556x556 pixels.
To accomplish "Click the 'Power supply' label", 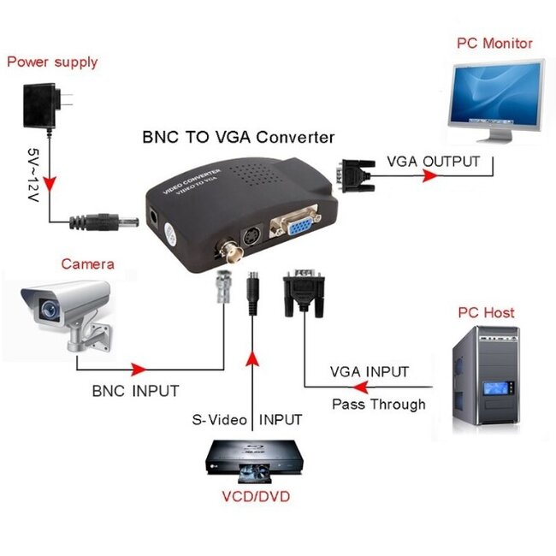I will coord(52,62).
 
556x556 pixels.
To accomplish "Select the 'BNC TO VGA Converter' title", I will coord(237,137).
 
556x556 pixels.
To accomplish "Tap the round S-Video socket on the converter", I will coord(254,236).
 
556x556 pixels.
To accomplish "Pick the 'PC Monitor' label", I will coord(494,43).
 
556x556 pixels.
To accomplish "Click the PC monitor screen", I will coord(495,93).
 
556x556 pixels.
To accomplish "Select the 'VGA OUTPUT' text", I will coord(434,161).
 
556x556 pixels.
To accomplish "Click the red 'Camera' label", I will coord(87,263).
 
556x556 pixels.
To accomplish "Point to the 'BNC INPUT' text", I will coord(135,391).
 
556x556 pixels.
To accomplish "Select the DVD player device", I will coord(253,457).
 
